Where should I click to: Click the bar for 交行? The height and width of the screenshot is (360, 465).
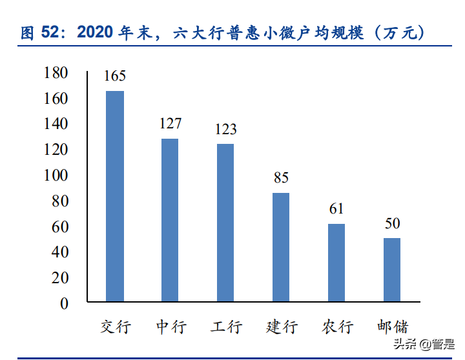115,196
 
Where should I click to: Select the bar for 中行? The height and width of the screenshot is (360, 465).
170,220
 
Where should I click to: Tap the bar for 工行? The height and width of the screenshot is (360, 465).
225,223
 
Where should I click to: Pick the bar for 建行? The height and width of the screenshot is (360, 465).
281,247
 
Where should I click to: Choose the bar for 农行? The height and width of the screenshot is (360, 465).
336,263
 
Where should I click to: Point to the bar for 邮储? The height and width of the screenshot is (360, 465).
392,270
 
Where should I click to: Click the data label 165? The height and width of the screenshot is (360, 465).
115,76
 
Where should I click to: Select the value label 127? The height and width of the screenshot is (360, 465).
170,123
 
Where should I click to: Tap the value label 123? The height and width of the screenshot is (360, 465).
225,129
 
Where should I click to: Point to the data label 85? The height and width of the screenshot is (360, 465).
281,177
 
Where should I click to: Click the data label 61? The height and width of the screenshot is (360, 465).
336,208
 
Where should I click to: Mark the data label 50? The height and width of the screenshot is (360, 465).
392,223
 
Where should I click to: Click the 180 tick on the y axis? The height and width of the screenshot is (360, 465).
56,73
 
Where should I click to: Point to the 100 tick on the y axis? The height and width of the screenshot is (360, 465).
56,175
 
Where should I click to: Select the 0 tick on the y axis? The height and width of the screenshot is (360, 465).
64,303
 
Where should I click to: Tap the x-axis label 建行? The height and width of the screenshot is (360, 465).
281,326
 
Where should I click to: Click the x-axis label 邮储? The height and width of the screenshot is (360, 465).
392,326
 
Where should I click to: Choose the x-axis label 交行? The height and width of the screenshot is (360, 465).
115,326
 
